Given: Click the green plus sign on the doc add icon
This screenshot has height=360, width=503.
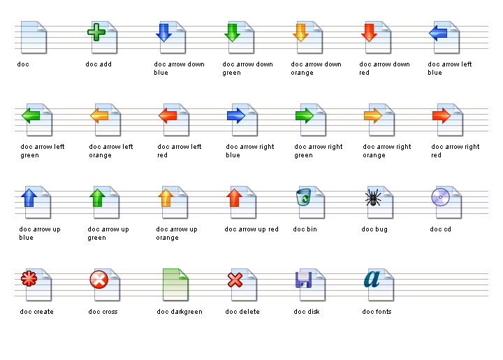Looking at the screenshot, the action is [96, 32].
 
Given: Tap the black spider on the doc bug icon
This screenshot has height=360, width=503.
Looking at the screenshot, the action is [373, 197].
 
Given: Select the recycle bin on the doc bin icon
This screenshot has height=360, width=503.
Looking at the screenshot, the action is [303, 196].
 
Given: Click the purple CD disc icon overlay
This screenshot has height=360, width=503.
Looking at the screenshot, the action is [440, 197].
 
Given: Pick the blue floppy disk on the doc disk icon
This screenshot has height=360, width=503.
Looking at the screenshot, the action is [303, 280].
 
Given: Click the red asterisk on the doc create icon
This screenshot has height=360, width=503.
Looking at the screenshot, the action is [29, 278].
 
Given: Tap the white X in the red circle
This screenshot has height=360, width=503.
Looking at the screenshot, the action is [99, 280].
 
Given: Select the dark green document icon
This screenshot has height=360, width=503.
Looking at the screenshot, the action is [175, 285].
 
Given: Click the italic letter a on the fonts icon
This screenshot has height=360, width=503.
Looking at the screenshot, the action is [372, 279].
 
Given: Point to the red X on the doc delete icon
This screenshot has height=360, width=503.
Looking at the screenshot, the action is [235, 280].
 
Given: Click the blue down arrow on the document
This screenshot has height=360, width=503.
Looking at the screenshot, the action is [164, 32].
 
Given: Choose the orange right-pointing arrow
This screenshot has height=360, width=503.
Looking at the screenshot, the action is [373, 115].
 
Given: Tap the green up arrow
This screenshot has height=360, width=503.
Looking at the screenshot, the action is [98, 198].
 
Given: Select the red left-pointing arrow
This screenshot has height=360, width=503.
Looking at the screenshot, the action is [168, 115].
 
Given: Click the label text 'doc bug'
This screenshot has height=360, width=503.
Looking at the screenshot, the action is [374, 229].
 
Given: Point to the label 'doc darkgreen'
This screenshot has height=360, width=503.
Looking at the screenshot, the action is [180, 312].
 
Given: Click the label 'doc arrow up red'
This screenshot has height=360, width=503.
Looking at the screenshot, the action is [251, 229].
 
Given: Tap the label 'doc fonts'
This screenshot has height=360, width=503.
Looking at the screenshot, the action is [377, 312].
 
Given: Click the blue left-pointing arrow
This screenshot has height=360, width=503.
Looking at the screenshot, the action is [438, 33].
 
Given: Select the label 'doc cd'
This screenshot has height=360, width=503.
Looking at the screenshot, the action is [440, 229].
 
